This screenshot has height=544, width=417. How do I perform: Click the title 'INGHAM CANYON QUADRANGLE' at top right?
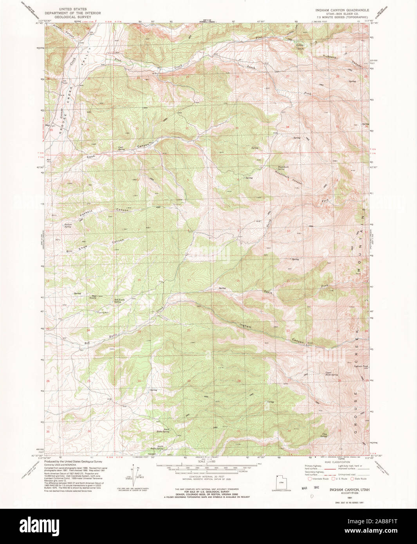click(342, 9)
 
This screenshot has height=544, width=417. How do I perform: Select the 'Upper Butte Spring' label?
click(331, 374)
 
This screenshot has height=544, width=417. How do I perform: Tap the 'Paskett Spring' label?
click(67, 225)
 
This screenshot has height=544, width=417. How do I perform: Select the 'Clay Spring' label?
click(323, 435)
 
